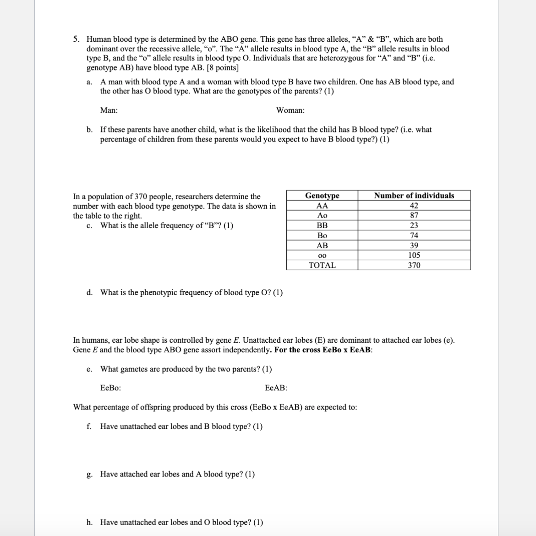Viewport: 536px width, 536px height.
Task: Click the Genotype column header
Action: point(322,196)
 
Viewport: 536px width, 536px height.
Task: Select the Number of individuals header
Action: point(414,196)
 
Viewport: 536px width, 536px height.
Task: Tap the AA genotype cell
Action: point(322,206)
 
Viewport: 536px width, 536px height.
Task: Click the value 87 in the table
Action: point(414,215)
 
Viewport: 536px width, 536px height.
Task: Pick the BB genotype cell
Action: point(322,225)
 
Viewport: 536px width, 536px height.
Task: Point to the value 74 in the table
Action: point(414,235)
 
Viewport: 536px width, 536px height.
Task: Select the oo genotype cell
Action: point(322,256)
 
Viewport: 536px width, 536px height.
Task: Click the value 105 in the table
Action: point(414,255)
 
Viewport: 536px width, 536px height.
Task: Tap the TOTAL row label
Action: point(322,265)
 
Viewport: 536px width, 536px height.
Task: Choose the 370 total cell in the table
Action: point(414,265)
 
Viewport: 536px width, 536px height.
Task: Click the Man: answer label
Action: point(109,110)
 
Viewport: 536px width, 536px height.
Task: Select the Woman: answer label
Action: point(290,110)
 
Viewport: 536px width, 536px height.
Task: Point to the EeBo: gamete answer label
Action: point(110,388)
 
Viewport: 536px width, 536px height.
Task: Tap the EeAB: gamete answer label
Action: point(276,388)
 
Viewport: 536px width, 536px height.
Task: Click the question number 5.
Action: point(77,39)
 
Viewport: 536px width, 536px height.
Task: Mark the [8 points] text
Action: point(223,68)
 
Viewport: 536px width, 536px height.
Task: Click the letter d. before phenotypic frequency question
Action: point(90,293)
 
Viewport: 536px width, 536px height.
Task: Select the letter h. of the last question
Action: point(90,522)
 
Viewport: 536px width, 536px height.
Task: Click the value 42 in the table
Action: point(414,206)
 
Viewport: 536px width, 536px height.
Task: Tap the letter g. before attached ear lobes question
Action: point(90,475)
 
